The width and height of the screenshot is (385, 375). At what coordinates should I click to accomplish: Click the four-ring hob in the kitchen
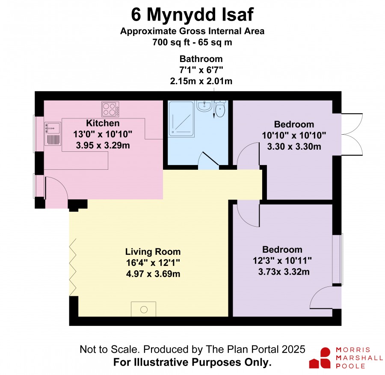tap(110, 109)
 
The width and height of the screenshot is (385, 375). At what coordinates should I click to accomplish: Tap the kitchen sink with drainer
tap(53, 134)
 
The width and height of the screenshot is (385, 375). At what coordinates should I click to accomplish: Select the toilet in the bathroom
tap(220, 109)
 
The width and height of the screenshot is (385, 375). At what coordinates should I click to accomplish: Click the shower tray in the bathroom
tap(181, 119)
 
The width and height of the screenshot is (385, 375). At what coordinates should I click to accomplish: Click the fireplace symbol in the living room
tap(144, 309)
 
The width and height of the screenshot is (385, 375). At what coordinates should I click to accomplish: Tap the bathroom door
tap(209, 161)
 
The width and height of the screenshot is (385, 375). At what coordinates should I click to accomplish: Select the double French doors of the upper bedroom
tap(352, 134)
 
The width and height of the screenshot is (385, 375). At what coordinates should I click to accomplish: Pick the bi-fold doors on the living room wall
tap(73, 267)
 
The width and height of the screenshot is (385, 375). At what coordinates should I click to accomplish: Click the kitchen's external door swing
tap(56, 192)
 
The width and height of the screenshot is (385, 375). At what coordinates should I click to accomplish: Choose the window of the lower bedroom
tap(338, 259)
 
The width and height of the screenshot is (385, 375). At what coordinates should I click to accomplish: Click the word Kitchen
tap(103, 123)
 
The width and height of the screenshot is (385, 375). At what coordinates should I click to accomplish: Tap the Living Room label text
tap(153, 251)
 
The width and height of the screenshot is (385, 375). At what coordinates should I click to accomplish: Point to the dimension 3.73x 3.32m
tap(284, 272)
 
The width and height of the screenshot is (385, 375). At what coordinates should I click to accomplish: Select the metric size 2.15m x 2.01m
tap(201, 81)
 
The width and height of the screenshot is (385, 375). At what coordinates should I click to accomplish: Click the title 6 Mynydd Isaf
tap(192, 15)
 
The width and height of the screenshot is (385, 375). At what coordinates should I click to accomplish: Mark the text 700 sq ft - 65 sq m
tap(192, 42)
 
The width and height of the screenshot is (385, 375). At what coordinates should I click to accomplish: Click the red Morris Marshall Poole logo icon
tap(320, 358)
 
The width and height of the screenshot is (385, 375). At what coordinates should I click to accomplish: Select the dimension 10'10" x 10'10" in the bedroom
tap(294, 135)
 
